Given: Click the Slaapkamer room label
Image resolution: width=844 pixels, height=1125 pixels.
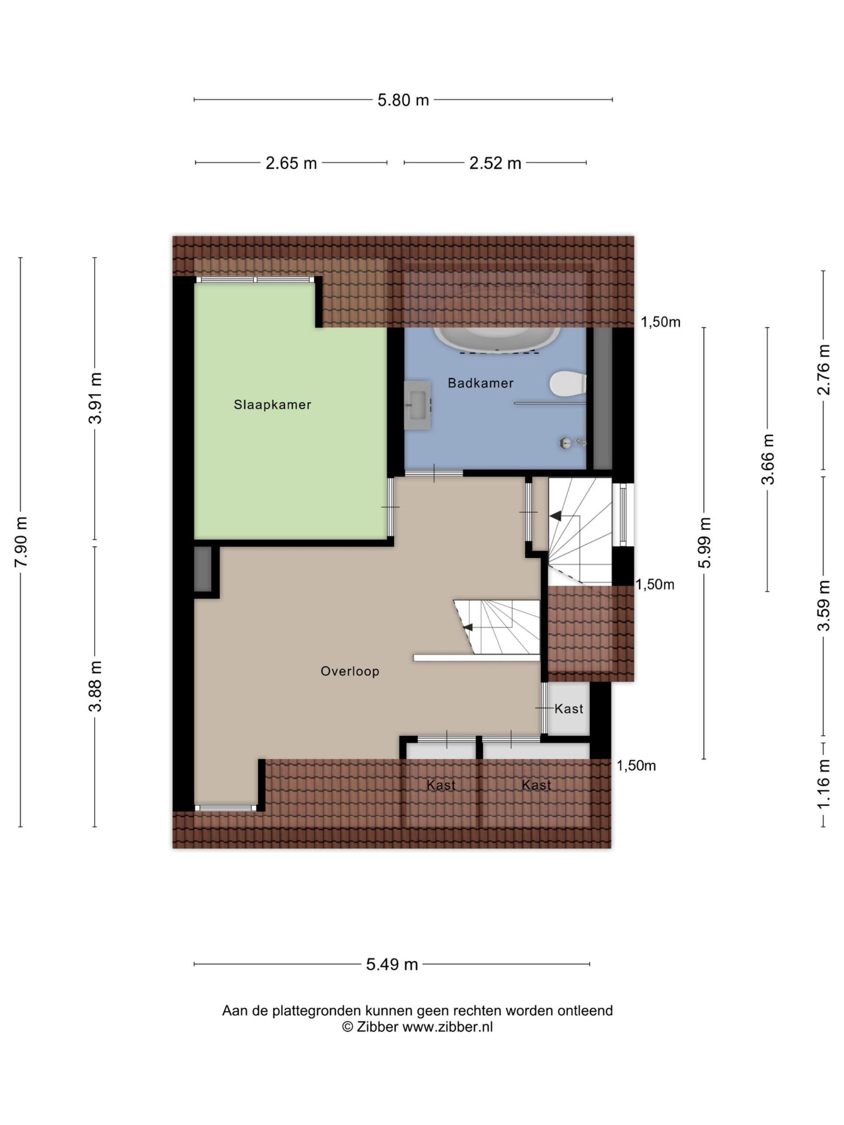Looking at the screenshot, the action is tap(272, 405).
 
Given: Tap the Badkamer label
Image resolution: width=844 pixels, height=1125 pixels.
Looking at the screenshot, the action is tap(480, 383).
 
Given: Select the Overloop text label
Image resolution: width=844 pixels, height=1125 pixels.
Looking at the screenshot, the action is tap(350, 671).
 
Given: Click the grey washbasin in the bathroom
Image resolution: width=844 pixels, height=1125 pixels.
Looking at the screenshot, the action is tap(418, 405).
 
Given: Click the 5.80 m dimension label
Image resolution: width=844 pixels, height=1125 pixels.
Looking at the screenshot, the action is tap(403, 100).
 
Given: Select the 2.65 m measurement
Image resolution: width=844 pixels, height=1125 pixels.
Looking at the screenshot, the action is tap(291, 163).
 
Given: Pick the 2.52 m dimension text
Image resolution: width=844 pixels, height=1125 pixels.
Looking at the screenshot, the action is tap(495, 163).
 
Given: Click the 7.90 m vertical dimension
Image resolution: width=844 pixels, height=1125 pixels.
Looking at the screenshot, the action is tap(21, 542).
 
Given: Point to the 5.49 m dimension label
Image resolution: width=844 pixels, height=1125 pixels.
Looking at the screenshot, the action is tap(392, 964).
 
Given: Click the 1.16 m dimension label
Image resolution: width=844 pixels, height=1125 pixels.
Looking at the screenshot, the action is tap(823, 784).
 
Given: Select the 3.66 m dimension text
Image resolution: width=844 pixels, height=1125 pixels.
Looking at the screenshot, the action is tap(767, 459).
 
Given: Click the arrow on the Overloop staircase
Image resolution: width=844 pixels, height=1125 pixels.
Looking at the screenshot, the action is tap(468, 627).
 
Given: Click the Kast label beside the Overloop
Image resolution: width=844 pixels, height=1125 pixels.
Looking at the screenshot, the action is tap(569, 708).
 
